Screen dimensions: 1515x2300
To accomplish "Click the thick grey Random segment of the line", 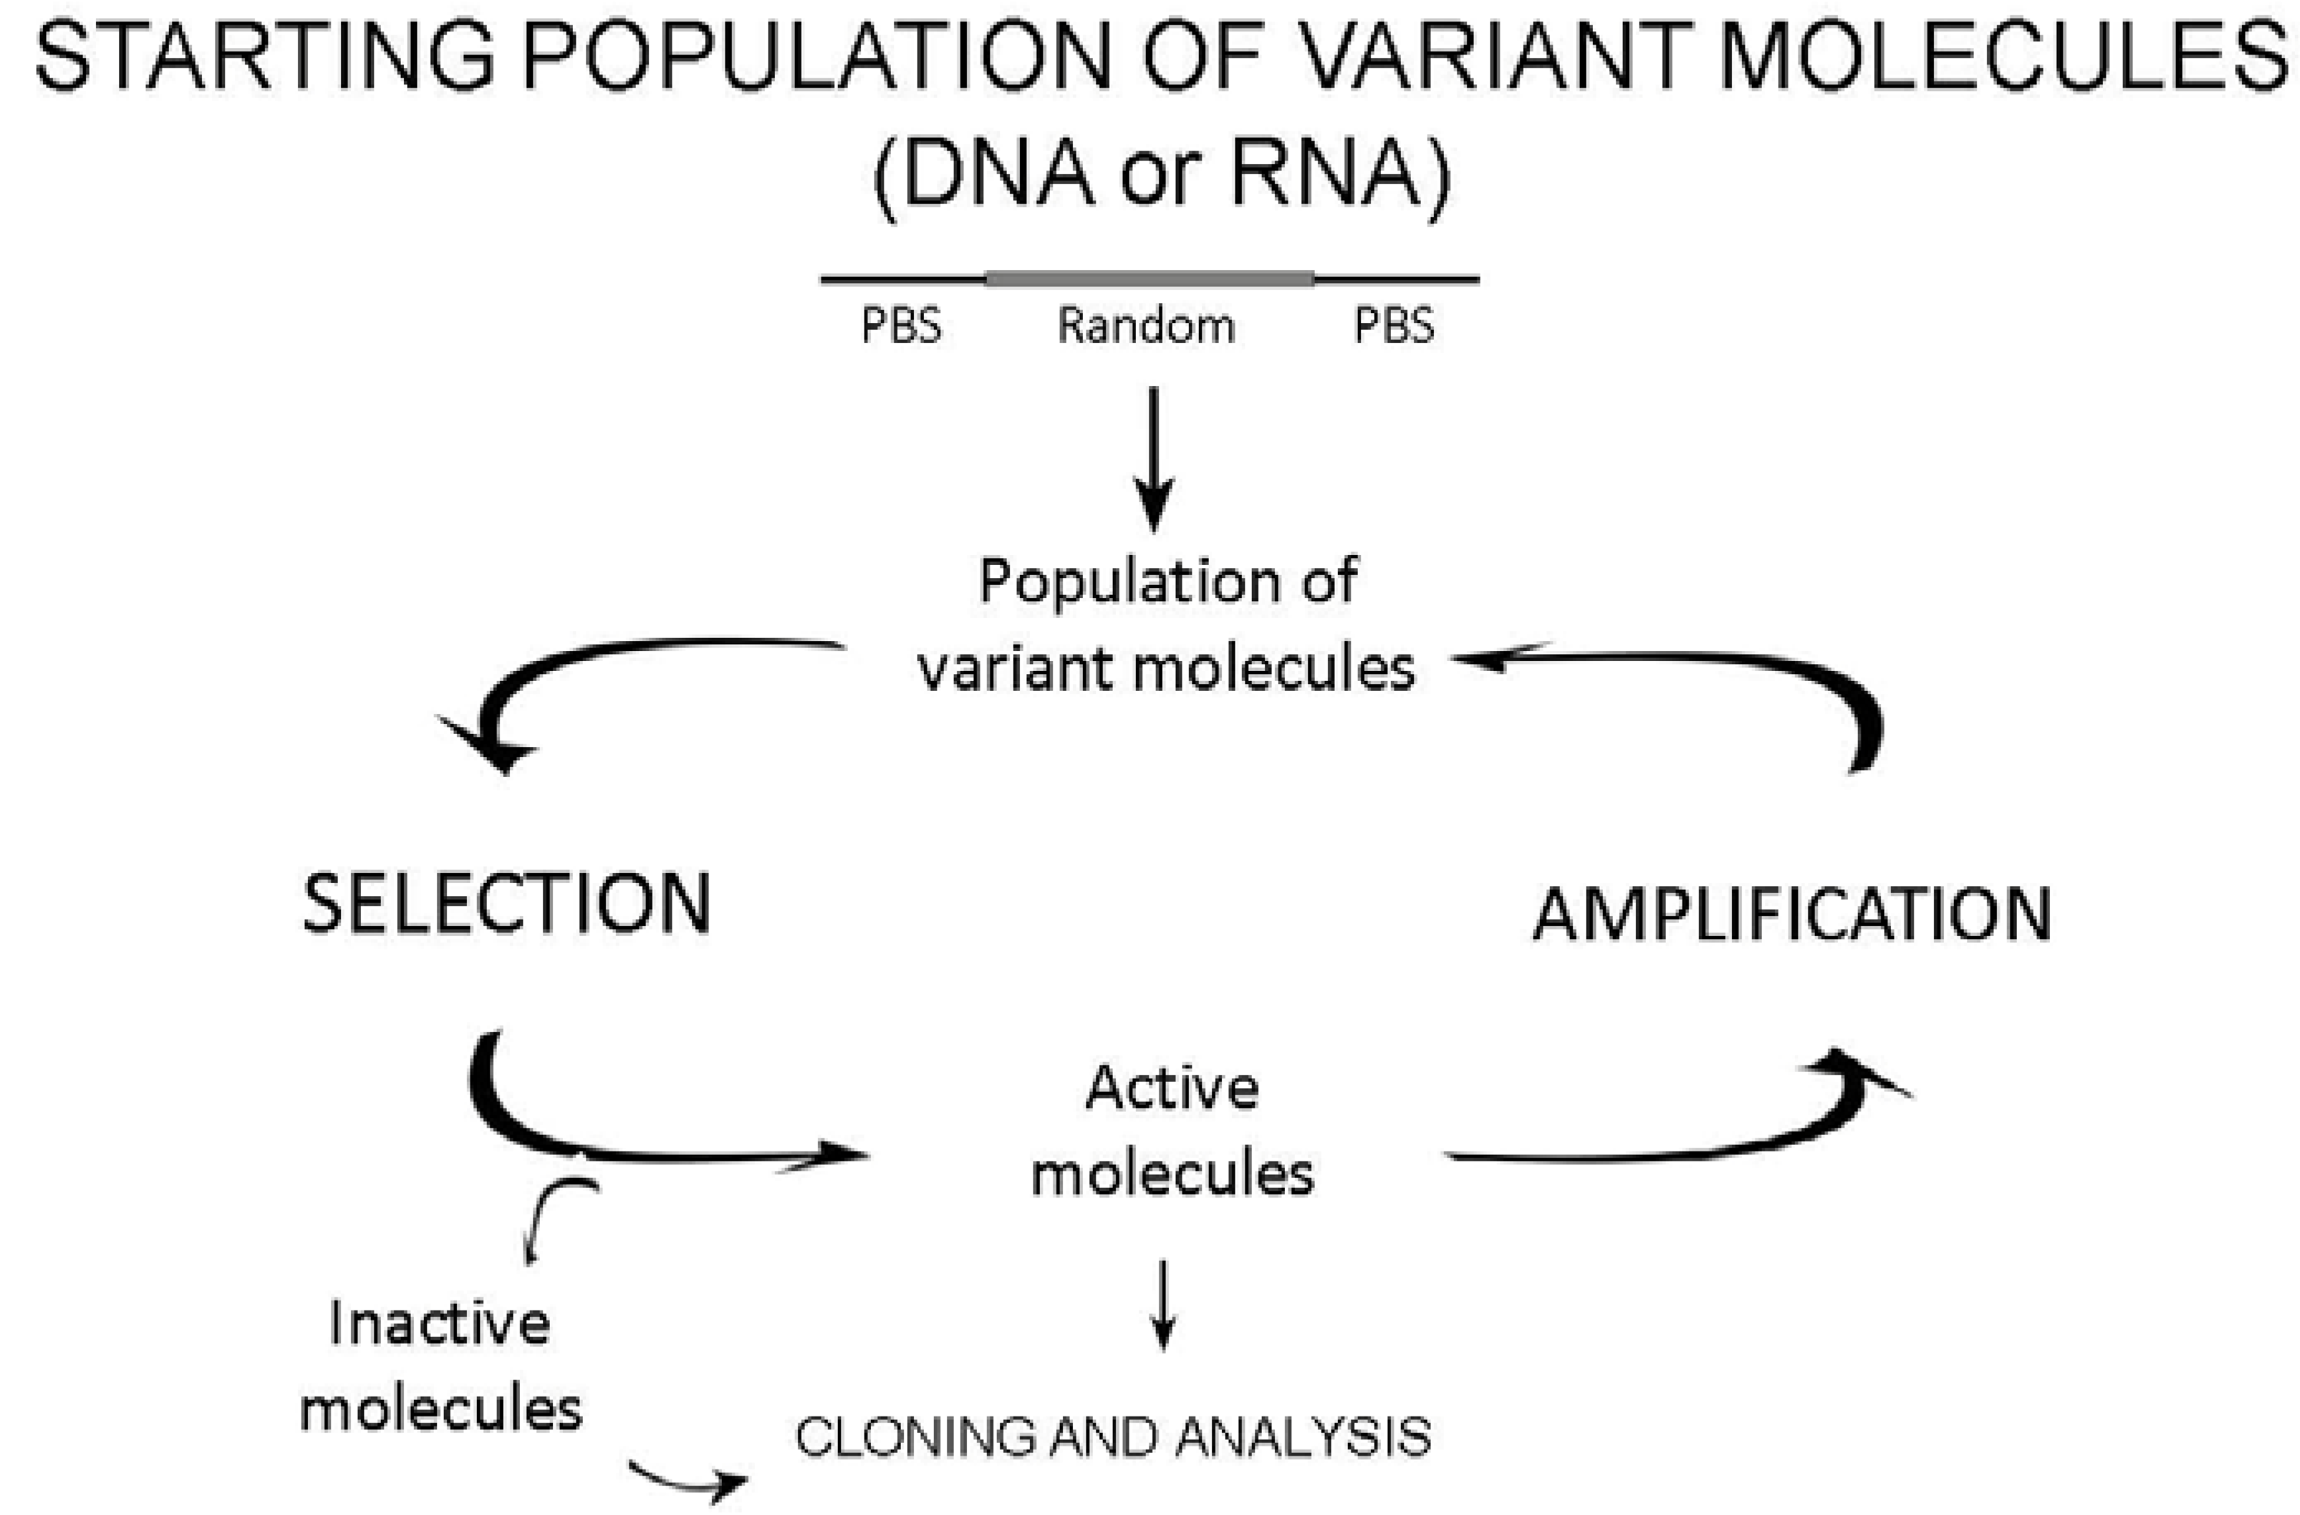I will point(1149,279).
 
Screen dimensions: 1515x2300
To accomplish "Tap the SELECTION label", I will point(508,904).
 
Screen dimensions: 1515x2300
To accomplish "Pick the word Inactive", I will point(440,1323).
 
